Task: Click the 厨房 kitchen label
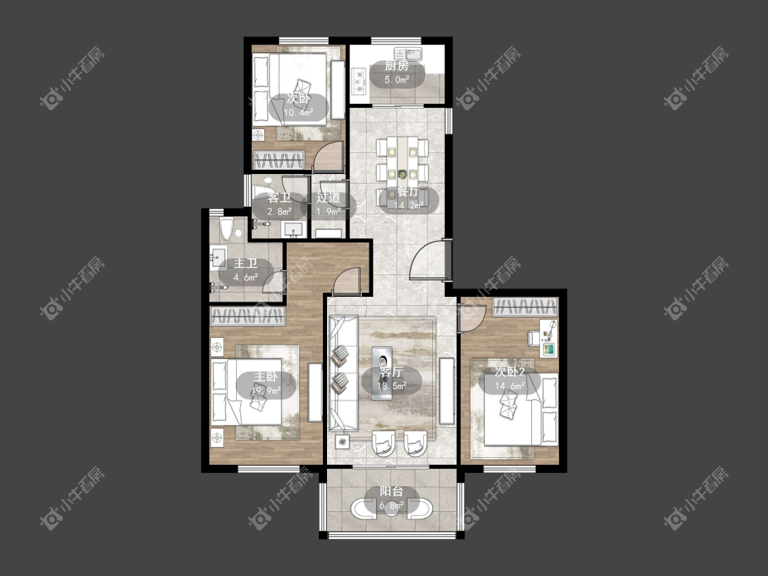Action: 396,66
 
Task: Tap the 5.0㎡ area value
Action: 397,79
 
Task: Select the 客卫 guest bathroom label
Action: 279,199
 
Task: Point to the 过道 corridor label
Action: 328,198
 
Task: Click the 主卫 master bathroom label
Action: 246,263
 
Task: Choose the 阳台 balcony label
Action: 391,491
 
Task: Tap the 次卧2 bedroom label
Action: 509,372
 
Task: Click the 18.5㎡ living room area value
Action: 391,386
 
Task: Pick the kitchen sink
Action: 410,53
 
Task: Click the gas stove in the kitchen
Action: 360,81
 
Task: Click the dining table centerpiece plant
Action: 403,174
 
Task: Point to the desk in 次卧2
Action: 549,339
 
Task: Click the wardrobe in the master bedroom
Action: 247,317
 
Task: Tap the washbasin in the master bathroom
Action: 218,257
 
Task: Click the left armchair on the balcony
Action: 363,508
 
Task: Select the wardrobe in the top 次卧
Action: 279,160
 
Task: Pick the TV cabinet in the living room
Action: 446,391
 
